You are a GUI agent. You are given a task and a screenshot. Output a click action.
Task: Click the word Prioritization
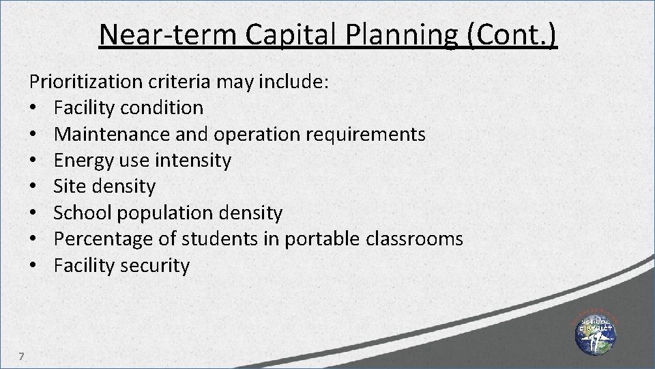click(x=84, y=82)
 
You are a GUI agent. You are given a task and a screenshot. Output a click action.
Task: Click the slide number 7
click(x=22, y=355)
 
